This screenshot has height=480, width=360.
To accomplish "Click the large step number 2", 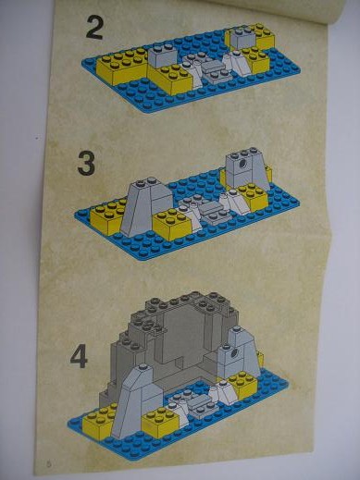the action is [x=94, y=28].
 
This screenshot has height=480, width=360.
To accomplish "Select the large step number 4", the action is [x=79, y=357].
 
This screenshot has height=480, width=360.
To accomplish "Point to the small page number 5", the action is [x=49, y=462].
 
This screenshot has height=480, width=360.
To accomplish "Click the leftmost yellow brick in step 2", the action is [x=122, y=68].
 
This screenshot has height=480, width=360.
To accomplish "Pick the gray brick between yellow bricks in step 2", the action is [x=164, y=55].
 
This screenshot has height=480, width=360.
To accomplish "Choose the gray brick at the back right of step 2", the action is [x=243, y=38].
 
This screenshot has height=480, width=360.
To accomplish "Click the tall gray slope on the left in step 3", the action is [x=145, y=210].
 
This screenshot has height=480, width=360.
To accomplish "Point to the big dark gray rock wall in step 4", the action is [x=173, y=342].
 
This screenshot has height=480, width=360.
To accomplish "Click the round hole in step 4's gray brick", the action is [x=235, y=351].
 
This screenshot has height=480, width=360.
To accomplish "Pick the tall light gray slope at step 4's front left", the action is [x=136, y=400].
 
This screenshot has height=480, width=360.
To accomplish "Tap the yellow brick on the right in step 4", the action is [x=242, y=383].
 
